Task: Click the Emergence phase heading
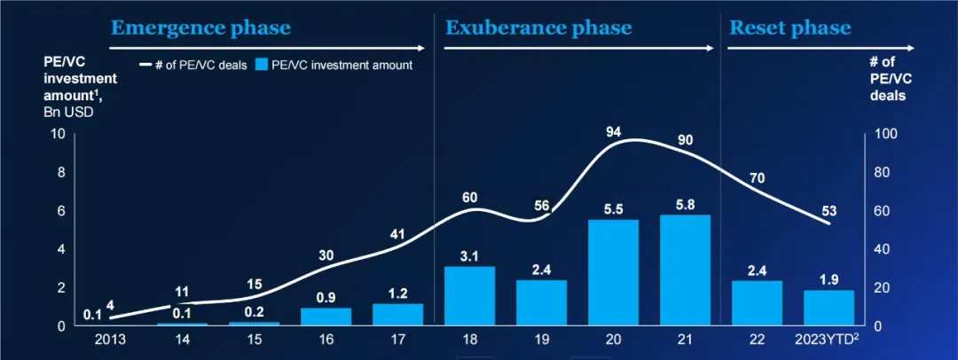point(200,27)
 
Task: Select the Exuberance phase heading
point(538,27)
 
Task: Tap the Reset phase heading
point(789,27)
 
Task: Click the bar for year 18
point(469,296)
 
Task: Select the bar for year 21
point(686,270)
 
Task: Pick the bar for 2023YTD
point(829,308)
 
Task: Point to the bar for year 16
point(326,317)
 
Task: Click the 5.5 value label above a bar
point(614,209)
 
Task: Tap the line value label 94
point(614,132)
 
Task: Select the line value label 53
point(829,211)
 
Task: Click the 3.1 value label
point(469,255)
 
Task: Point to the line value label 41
point(397,235)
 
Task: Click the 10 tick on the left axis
point(59,134)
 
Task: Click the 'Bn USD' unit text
point(68,112)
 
